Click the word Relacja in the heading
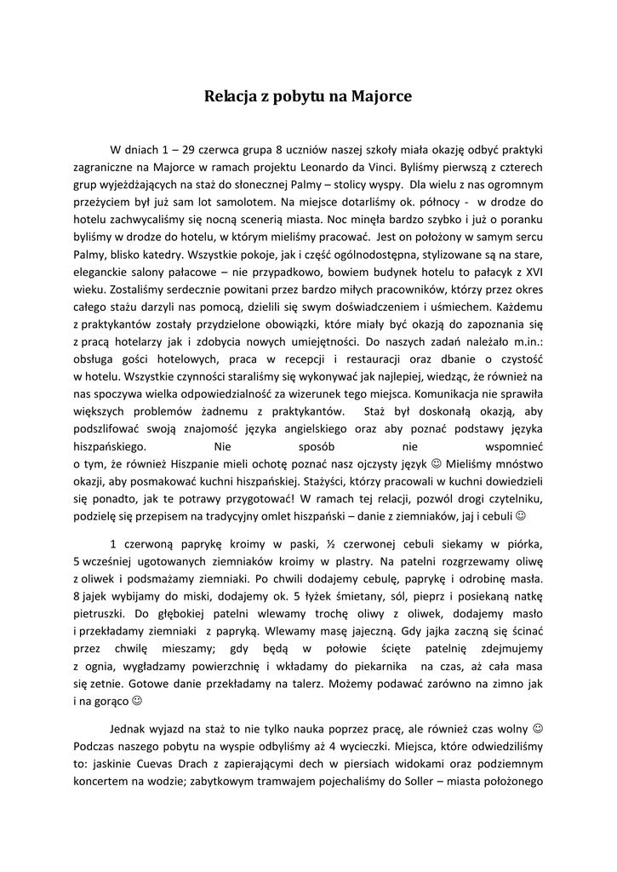(x=230, y=97)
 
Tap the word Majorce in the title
(x=380, y=97)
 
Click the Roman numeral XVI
(x=534, y=272)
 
